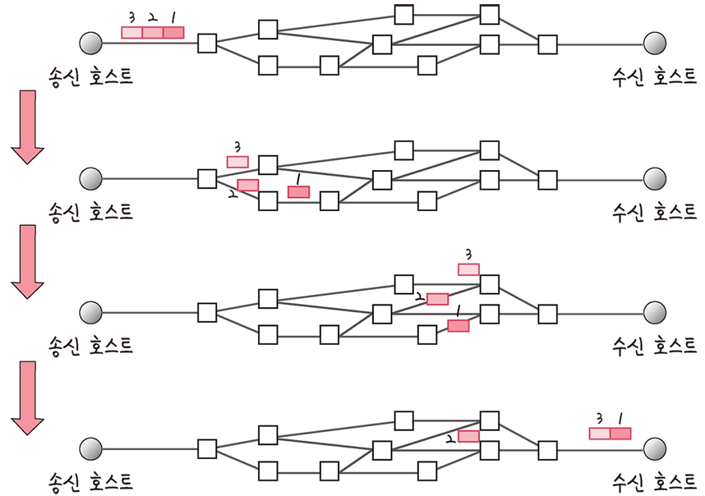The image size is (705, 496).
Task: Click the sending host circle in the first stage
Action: point(90,43)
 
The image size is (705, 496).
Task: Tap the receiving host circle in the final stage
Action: point(654,449)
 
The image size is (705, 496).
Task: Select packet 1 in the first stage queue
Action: point(173,33)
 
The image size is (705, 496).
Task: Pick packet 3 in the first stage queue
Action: point(131,33)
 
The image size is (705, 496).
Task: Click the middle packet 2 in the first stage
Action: point(152,33)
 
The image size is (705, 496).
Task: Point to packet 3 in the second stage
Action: point(237,162)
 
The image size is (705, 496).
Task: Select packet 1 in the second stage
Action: point(299,191)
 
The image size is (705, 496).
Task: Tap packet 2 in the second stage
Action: point(247,185)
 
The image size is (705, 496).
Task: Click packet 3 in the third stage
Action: point(468,269)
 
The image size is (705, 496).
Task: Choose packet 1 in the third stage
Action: point(458,326)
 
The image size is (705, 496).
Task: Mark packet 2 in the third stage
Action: point(437,299)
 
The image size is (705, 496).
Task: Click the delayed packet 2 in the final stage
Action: point(468,436)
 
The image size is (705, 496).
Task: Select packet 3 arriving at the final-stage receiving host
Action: point(600,434)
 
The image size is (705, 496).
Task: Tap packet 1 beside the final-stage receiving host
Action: point(620,434)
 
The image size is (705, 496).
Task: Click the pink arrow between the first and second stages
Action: point(28,126)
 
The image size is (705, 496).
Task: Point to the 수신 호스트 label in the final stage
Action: point(654,481)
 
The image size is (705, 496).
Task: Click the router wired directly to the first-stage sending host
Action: point(207,43)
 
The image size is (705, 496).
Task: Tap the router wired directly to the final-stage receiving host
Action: point(547,449)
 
